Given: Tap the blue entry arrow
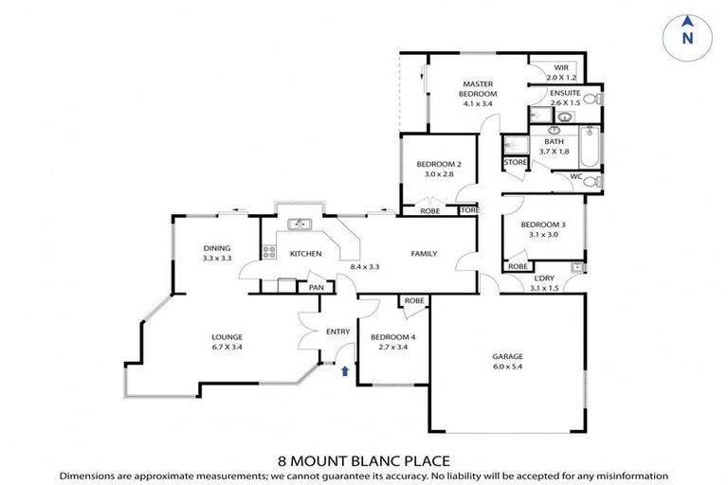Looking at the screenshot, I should (345, 371).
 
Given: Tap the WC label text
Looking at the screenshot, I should (575, 176).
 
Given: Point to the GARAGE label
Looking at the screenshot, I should (507, 356).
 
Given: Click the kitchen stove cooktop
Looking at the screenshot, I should (269, 253).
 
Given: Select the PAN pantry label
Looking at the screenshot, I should (316, 287).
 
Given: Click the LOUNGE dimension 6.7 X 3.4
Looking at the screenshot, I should (227, 347).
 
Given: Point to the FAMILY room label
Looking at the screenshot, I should (423, 254).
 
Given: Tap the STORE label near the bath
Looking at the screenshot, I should (515, 163).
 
